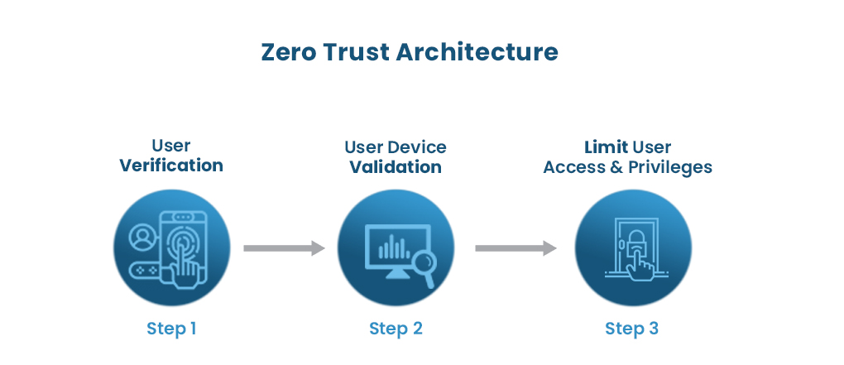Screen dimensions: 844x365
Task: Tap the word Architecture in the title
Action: point(477,52)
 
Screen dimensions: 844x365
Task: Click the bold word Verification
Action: point(171,165)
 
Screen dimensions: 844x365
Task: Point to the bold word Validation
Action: point(396,166)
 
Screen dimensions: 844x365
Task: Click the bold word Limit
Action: point(606,147)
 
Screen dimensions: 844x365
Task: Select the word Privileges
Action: point(669,167)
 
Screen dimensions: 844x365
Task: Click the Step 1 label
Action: point(171,329)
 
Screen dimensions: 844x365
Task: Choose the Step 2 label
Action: point(396,329)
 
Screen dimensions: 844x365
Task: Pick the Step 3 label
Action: point(632,329)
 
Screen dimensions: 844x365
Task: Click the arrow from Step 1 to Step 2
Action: point(284,248)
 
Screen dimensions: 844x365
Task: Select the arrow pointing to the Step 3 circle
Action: point(516,248)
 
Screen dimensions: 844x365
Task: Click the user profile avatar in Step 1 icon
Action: point(142,238)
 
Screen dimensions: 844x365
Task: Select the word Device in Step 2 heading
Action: point(417,147)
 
